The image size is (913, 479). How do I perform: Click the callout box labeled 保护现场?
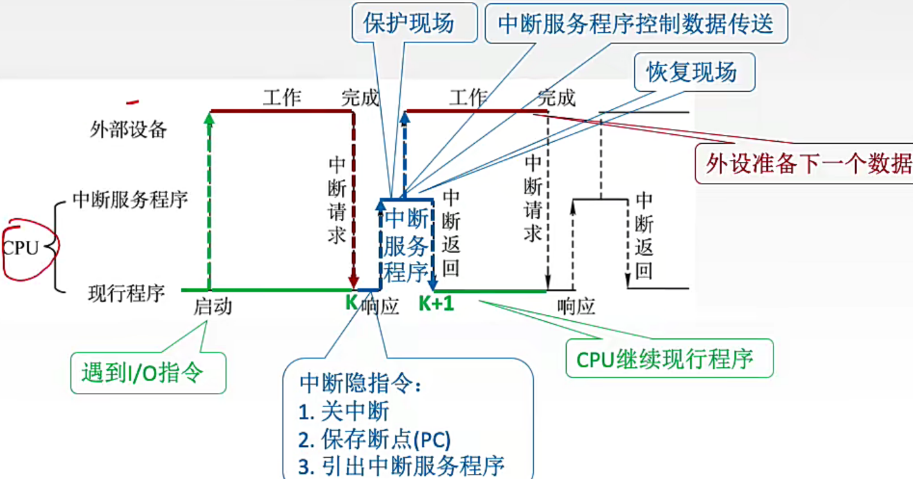(x=409, y=24)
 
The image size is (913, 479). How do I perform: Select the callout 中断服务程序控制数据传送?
(x=635, y=24)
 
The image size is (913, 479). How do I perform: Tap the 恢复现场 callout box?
(x=691, y=73)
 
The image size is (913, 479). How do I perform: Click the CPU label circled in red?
(x=21, y=248)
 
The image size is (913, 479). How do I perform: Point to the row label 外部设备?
(x=129, y=130)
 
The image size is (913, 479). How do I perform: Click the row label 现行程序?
(x=127, y=294)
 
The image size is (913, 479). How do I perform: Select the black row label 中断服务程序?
(x=130, y=200)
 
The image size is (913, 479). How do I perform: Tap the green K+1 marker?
(x=436, y=304)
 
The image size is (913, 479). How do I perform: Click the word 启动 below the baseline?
(x=213, y=307)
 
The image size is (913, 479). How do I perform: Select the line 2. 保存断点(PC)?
(x=375, y=440)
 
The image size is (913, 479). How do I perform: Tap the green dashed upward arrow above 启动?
(x=209, y=199)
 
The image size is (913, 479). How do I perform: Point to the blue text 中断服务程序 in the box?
(x=406, y=245)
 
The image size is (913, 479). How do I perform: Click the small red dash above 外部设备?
(x=133, y=101)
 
